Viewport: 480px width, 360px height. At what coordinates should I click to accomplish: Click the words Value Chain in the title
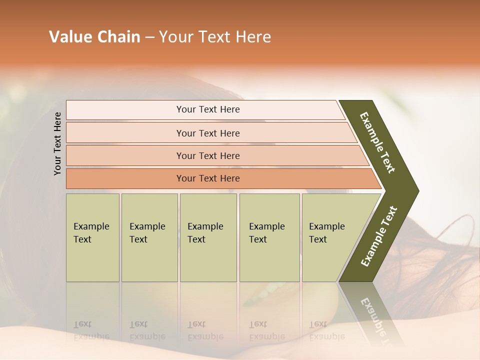point(94,37)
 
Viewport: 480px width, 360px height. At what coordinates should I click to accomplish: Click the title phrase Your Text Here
point(215,37)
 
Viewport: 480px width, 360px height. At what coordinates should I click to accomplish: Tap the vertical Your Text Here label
point(57,143)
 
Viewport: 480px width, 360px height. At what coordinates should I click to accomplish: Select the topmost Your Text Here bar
point(207,109)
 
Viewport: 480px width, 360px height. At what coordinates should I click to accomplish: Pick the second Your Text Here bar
point(207,133)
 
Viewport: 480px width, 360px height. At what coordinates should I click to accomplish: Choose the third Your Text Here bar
point(207,155)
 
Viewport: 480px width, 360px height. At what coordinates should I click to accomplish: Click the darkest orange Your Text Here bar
point(207,178)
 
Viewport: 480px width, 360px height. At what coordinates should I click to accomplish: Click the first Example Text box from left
point(92,237)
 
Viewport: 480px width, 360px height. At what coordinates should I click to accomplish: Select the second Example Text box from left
point(149,237)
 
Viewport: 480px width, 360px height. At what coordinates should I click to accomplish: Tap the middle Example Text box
point(208,237)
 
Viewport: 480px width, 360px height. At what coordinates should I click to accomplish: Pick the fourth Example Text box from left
point(269,237)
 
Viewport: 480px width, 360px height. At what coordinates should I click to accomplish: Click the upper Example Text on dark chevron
point(377,142)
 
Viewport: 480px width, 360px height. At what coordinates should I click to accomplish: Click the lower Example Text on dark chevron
point(378,236)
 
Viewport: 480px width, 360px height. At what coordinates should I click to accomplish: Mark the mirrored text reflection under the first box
point(91,330)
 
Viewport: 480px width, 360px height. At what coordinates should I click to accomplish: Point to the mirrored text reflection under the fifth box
point(326,330)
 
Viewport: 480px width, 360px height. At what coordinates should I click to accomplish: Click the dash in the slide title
point(149,37)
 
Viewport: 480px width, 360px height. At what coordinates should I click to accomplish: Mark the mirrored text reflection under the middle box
point(205,330)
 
